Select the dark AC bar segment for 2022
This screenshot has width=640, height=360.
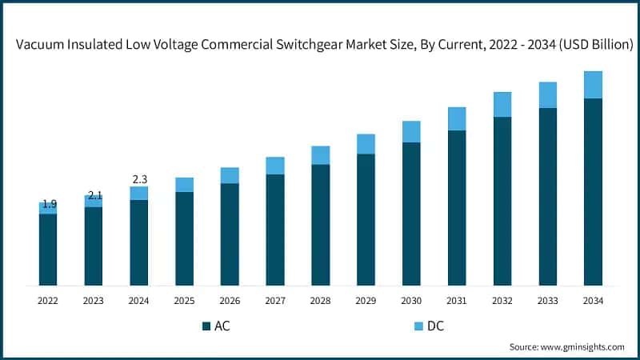point(48,250)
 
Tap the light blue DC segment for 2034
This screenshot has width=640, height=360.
point(593,85)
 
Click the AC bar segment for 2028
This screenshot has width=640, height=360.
point(320,225)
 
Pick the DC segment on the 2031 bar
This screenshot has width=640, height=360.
point(457,118)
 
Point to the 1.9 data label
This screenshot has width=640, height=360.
point(50,204)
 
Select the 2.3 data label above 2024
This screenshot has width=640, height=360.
point(139,179)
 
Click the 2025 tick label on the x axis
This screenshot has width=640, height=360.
point(184,301)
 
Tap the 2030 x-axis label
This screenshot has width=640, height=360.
point(411,301)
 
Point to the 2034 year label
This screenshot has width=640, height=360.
point(593,301)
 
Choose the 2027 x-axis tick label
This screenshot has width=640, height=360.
point(275,301)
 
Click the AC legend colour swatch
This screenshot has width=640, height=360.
point(206,326)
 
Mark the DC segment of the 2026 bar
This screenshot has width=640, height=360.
point(230,175)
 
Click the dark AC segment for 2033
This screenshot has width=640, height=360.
point(547,197)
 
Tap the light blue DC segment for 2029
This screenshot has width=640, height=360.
point(366,144)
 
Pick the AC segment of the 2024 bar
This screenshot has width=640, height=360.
point(139,242)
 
